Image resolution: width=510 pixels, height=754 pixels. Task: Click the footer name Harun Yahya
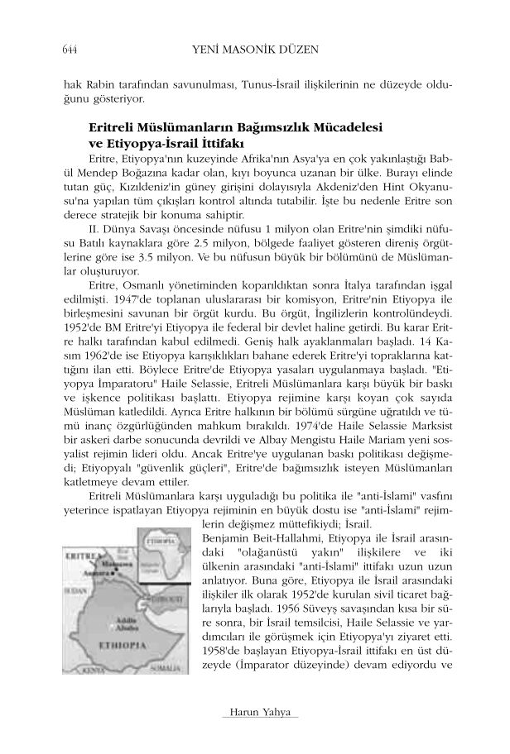(254, 713)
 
